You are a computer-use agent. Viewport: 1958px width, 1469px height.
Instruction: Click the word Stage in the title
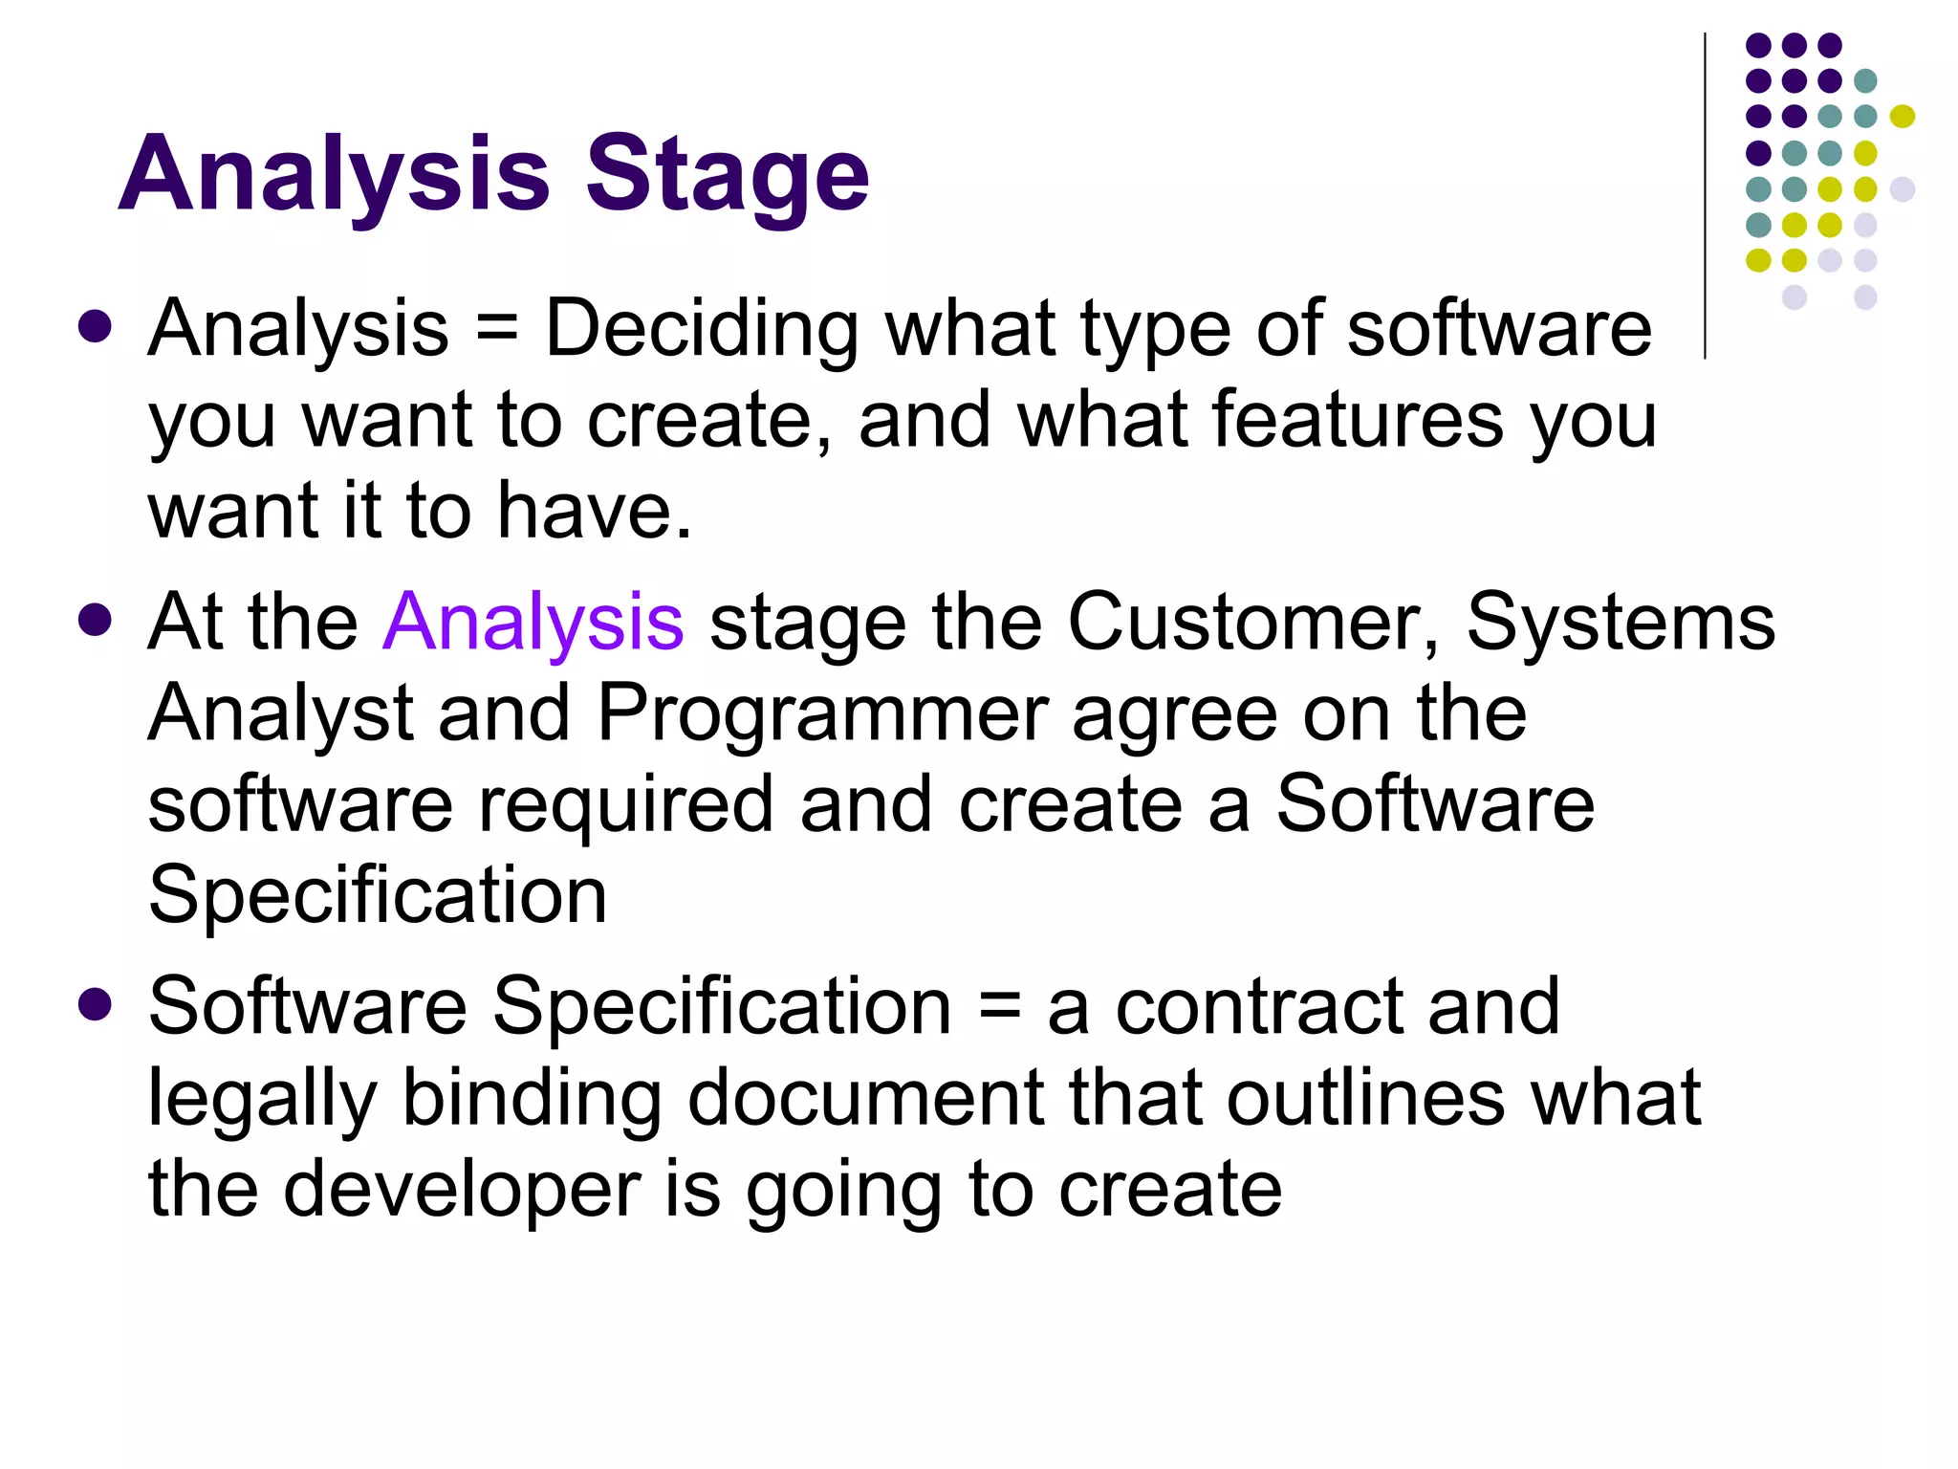point(727,174)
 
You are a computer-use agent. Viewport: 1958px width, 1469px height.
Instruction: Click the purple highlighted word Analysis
point(533,622)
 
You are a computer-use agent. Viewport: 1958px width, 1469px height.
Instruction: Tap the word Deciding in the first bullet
point(702,328)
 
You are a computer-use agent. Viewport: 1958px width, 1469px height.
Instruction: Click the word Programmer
point(822,713)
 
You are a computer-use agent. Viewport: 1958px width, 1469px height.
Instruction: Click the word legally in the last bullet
point(262,1098)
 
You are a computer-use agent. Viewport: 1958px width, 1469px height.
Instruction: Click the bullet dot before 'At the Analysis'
point(96,619)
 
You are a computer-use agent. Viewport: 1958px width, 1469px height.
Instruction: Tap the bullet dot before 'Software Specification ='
point(96,1005)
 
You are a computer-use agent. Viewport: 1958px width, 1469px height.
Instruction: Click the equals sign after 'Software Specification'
point(1000,1008)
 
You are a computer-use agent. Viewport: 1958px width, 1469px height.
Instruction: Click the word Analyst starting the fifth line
point(281,713)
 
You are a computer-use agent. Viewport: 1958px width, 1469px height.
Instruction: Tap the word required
point(625,805)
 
